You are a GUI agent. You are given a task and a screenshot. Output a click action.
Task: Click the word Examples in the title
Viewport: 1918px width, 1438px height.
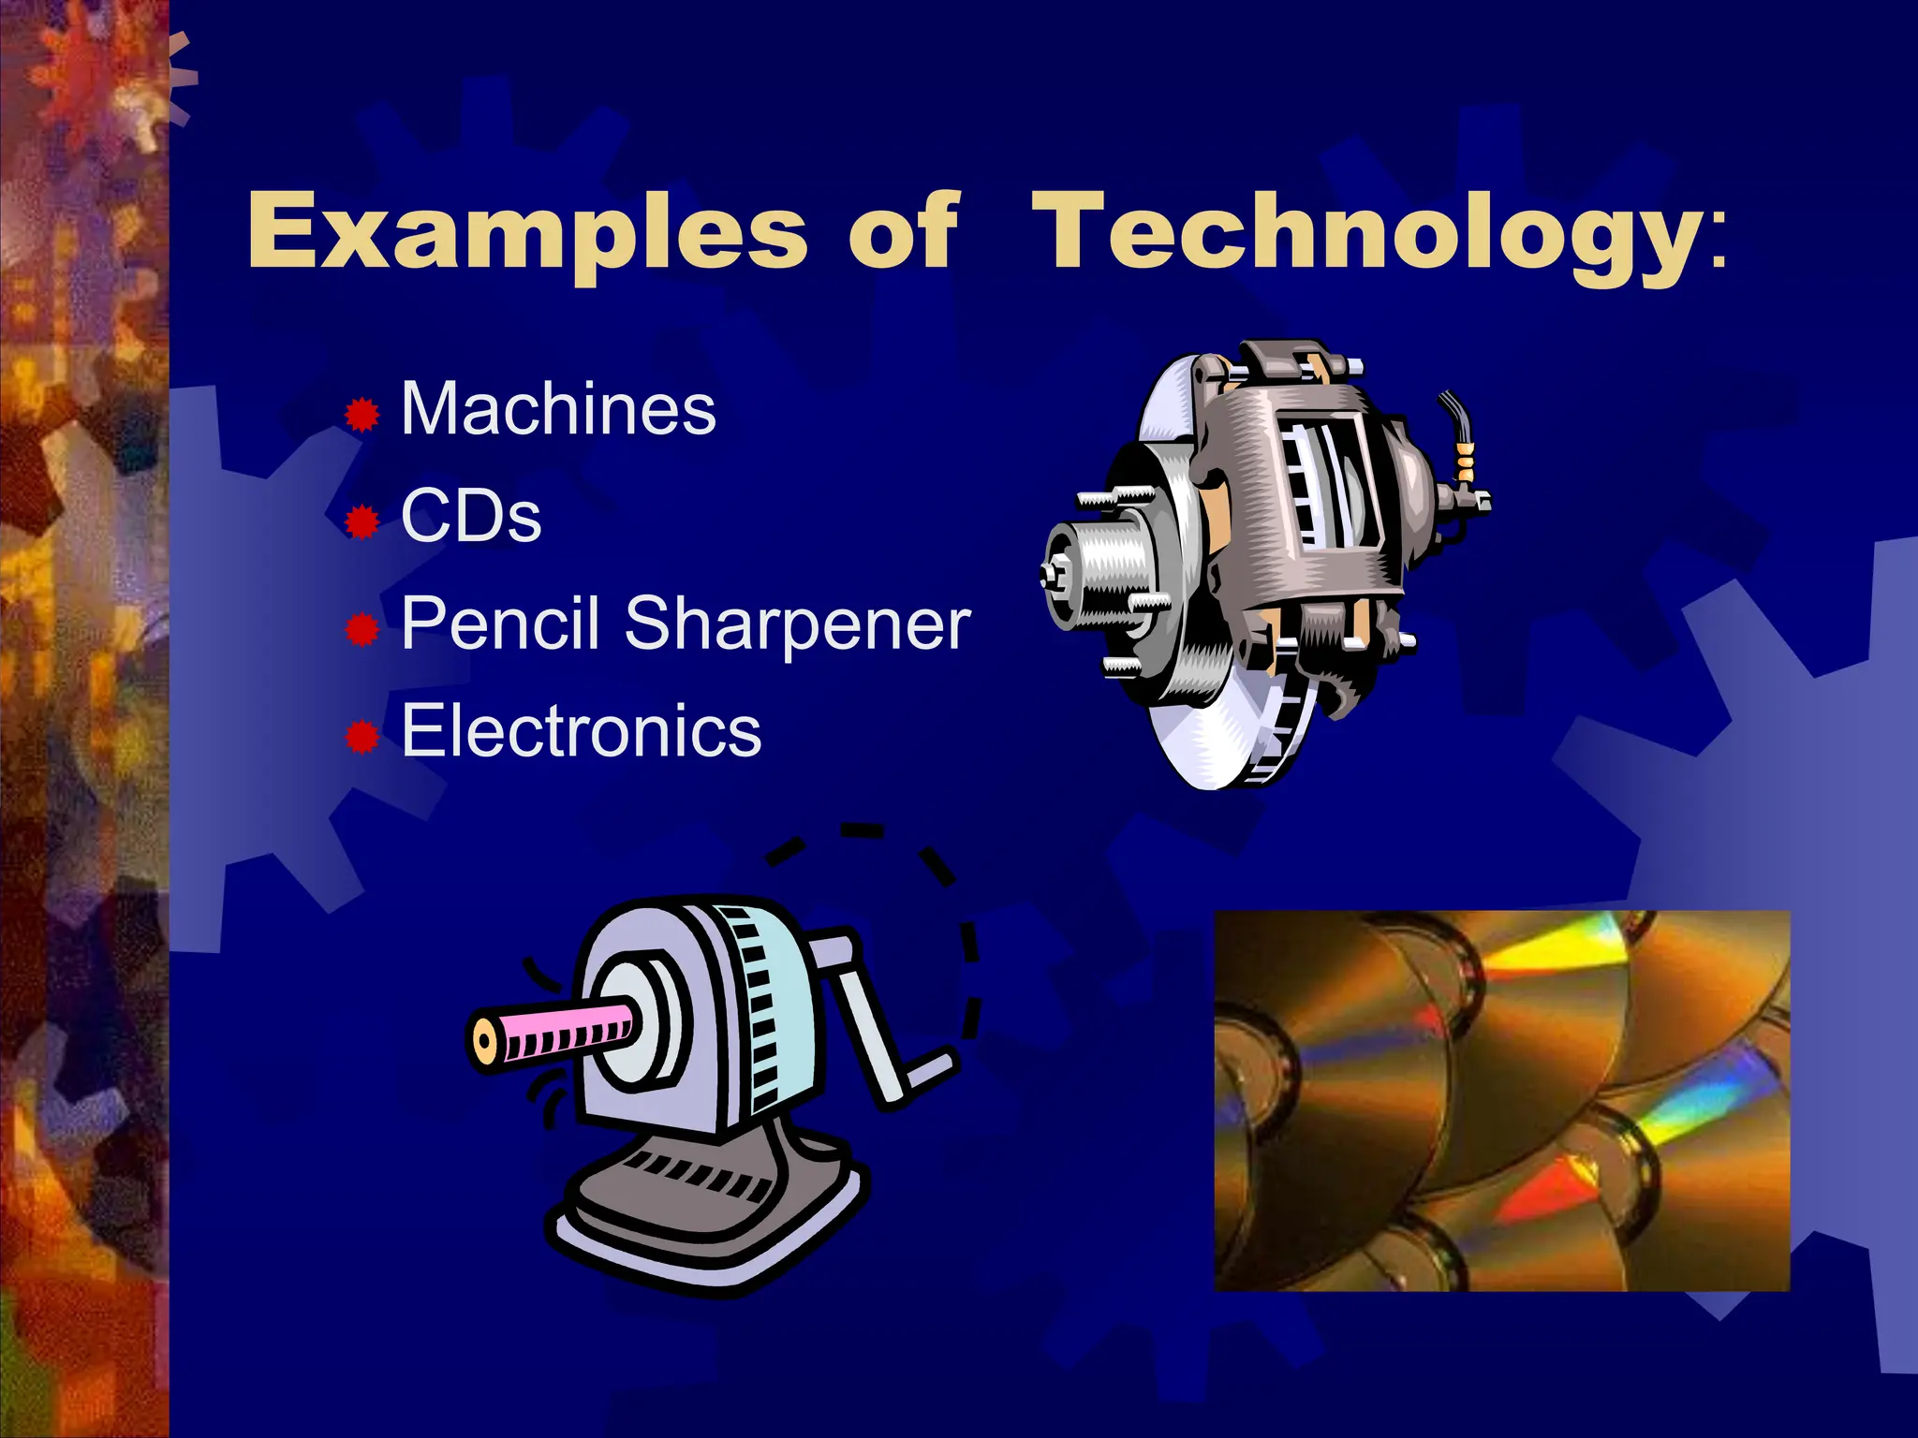(x=526, y=231)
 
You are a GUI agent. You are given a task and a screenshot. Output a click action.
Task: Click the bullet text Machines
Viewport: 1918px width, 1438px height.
(x=558, y=409)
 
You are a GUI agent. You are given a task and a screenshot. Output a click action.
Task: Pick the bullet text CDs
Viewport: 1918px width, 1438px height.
(x=471, y=516)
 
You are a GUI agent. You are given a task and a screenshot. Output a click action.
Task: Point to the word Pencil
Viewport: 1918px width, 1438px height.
(x=500, y=624)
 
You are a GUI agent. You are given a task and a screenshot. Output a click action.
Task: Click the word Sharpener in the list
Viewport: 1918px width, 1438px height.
(x=797, y=625)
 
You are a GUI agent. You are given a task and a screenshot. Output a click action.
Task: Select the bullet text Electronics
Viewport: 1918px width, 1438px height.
(x=582, y=731)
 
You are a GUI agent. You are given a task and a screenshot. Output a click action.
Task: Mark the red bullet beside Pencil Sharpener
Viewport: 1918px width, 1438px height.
(x=361, y=630)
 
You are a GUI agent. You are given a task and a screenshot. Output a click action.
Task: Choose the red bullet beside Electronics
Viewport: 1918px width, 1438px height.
(x=361, y=738)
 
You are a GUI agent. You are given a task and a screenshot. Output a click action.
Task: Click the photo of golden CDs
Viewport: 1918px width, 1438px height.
(x=1501, y=1101)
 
